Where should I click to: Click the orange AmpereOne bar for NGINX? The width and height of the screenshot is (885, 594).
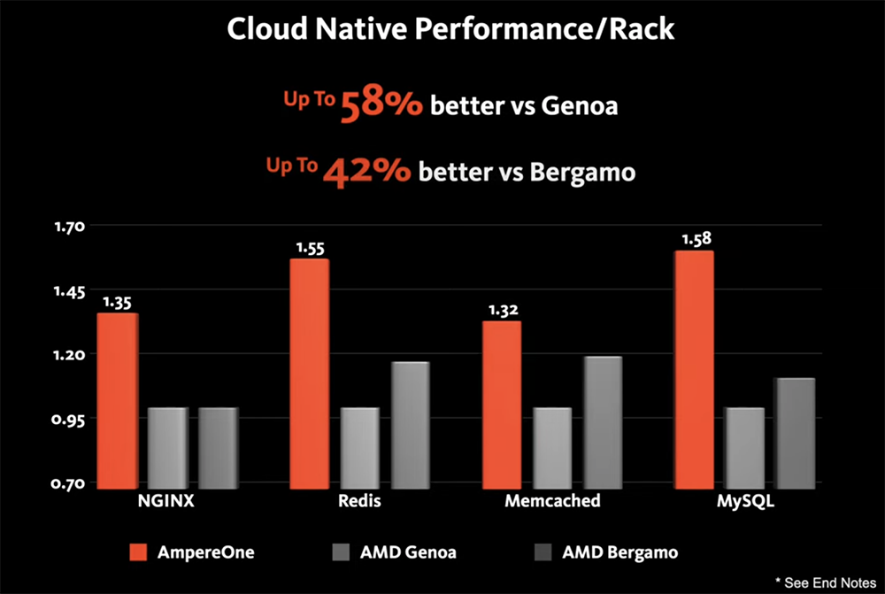coord(117,398)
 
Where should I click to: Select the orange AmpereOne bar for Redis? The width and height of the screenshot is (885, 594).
coord(310,372)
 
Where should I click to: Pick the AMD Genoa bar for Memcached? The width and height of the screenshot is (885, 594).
coord(553,446)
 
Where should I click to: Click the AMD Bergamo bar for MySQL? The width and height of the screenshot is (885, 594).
coord(795,431)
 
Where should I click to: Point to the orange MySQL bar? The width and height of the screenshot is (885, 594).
coord(693,368)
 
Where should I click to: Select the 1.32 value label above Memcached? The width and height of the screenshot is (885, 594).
coord(502,309)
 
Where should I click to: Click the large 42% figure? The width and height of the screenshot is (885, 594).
coord(366,170)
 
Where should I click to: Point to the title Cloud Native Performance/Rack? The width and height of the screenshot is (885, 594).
coord(450,28)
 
